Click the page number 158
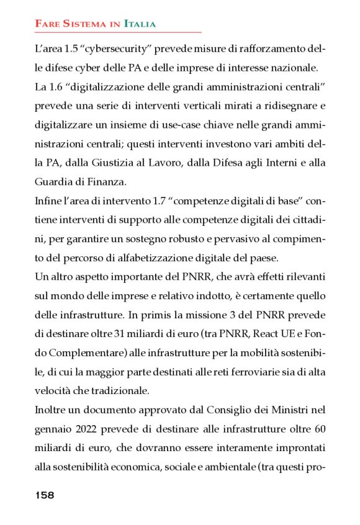[x=45, y=495]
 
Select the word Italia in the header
[x=140, y=24]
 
